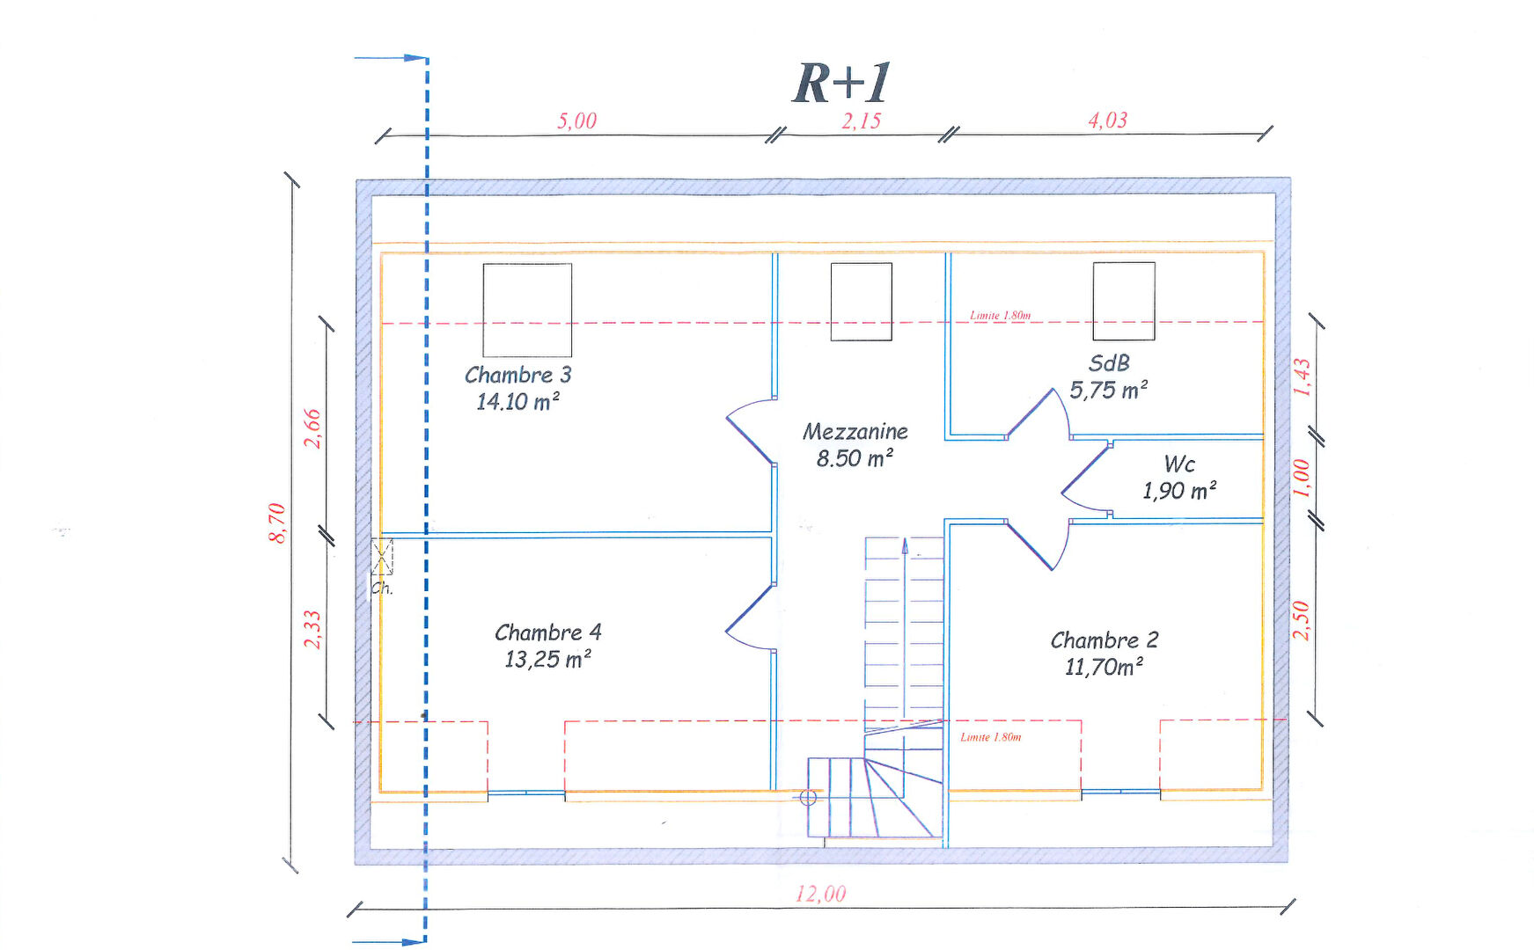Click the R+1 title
tap(841, 84)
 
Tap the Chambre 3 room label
tap(517, 376)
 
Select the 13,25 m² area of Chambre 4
tap(547, 660)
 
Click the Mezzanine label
tap(855, 432)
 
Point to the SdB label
tap(1109, 363)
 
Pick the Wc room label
tap(1179, 464)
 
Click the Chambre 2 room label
tap(1104, 640)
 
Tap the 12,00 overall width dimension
tap(820, 895)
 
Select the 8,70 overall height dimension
tap(277, 522)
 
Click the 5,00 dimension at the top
tap(576, 121)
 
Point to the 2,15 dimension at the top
tap(861, 121)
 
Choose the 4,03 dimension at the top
tap(1107, 121)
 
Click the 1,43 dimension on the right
tap(1303, 376)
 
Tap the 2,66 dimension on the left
tap(312, 428)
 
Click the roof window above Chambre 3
tap(527, 310)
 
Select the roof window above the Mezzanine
tap(862, 302)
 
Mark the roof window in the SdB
tap(1124, 301)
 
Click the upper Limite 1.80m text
tap(1000, 315)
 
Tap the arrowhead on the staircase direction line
tap(905, 546)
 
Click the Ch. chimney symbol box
tap(382, 556)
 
